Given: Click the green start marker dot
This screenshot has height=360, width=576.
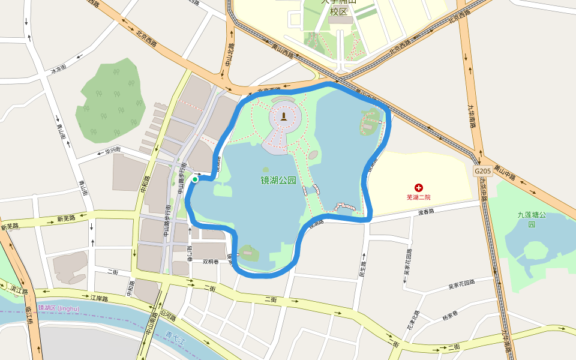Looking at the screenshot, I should pyautogui.click(x=195, y=179).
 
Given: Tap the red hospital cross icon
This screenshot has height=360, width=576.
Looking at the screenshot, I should pyautogui.click(x=419, y=188).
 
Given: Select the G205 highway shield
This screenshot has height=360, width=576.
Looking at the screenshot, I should pyautogui.click(x=483, y=171).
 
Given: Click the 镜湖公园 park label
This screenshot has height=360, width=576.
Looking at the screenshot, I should pyautogui.click(x=278, y=180).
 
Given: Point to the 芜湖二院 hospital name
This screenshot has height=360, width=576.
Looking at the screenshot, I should pyautogui.click(x=419, y=197).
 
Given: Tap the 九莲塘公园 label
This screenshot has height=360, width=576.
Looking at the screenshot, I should pyautogui.click(x=532, y=219).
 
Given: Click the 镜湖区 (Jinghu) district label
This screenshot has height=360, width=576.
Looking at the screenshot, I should pyautogui.click(x=58, y=308).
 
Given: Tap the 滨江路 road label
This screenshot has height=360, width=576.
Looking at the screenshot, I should pyautogui.click(x=19, y=290).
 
